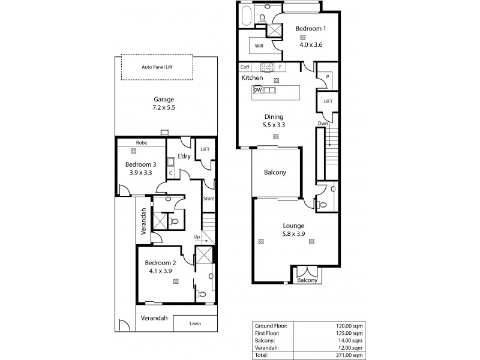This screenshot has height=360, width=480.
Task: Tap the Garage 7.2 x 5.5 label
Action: coord(163,103)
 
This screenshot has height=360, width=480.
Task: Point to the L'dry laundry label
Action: coord(184,156)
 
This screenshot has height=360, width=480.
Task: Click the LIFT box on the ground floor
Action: coord(205,149)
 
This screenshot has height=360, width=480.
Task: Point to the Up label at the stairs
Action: coord(196,236)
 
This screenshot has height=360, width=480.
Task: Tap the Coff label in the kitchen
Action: coord(245,67)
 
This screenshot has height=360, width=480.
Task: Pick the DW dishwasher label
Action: coord(257,90)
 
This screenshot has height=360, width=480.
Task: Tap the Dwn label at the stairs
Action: coord(323,124)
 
